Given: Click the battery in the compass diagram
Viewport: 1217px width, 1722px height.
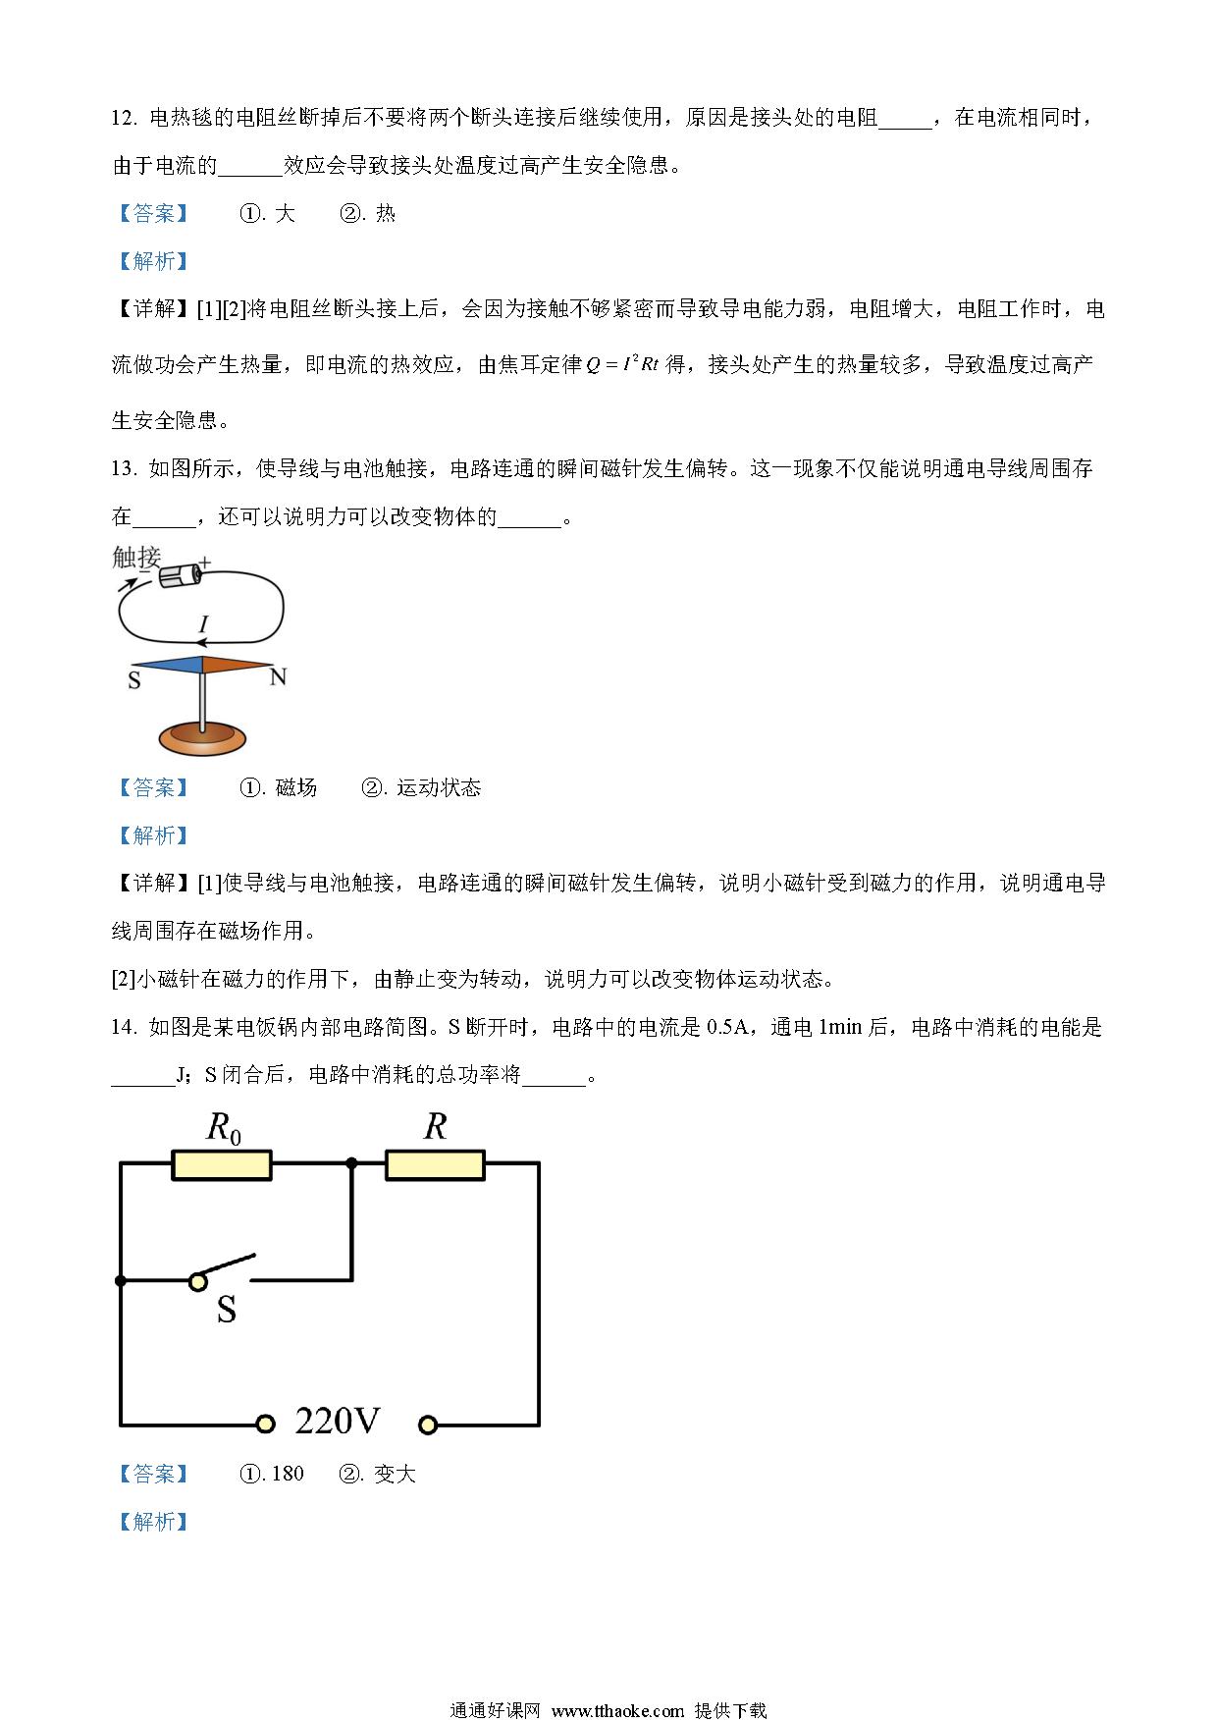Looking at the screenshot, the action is tap(183, 574).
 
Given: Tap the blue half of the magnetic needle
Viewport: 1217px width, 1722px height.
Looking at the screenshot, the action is tap(167, 665).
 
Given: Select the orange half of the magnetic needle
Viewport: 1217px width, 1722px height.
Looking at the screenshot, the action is tap(238, 665).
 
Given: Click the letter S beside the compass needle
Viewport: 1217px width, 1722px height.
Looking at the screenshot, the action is tap(134, 679).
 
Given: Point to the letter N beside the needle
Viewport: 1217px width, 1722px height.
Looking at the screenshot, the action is tap(278, 676).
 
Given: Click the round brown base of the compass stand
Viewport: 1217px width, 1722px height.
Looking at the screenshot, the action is tap(203, 738).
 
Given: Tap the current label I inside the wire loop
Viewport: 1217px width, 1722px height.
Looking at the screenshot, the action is tap(203, 623).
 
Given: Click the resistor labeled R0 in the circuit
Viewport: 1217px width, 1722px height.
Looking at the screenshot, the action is tap(222, 1164).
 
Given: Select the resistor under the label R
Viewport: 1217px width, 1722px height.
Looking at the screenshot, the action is tap(435, 1164).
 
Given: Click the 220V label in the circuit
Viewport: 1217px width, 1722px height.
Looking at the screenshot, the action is tap(338, 1421).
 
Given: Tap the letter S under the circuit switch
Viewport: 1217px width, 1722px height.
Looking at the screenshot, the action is tap(227, 1309).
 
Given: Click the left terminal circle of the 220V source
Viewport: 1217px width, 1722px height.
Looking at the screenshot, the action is tap(263, 1423).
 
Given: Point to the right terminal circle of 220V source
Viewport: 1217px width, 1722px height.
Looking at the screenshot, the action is tap(427, 1423).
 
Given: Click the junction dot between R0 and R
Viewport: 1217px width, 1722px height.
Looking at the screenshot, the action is tap(351, 1163).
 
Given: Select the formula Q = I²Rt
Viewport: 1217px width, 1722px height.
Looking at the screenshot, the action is tap(622, 365).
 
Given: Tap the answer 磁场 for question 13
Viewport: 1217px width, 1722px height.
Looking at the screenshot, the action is tap(296, 787).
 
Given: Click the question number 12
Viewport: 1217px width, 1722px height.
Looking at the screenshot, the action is tap(123, 118).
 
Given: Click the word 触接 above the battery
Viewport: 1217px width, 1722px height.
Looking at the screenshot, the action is tap(136, 557).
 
